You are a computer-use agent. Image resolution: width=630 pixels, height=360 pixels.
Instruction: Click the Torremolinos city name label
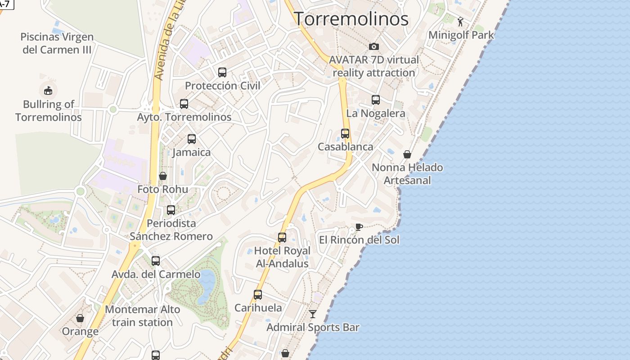(x=351, y=19)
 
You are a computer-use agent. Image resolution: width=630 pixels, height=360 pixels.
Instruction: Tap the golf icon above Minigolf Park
(x=460, y=22)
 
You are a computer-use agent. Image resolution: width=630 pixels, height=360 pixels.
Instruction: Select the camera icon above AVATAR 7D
(x=373, y=46)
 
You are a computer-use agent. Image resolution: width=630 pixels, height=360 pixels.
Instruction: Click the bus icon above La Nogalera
(x=376, y=100)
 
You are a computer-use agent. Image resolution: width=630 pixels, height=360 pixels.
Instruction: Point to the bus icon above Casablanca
(x=345, y=134)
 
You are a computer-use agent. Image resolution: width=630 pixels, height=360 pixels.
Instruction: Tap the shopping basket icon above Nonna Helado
(x=407, y=154)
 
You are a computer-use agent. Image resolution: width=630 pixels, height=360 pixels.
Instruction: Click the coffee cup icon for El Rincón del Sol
(x=359, y=226)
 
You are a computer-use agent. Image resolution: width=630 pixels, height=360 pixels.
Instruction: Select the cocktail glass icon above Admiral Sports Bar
(x=313, y=314)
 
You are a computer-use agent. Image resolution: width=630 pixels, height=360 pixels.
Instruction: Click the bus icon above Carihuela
(x=258, y=295)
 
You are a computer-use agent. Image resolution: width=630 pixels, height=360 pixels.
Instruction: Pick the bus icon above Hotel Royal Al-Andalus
(x=282, y=238)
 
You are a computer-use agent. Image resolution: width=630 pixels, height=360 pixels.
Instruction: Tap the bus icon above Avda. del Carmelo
(x=156, y=261)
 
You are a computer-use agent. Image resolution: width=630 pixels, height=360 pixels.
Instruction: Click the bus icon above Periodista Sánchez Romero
(x=171, y=210)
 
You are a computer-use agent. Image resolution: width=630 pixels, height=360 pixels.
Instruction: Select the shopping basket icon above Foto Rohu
(x=163, y=176)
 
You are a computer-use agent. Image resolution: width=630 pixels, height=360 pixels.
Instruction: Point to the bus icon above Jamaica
(x=192, y=139)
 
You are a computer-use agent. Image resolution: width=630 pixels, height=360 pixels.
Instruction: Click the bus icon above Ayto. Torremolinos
(x=184, y=104)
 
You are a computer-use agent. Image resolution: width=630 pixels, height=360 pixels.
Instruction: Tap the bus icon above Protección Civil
(x=222, y=72)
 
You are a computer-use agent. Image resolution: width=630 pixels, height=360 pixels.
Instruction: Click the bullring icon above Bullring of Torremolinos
(x=48, y=90)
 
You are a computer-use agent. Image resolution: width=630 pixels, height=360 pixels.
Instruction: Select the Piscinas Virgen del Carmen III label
(x=57, y=43)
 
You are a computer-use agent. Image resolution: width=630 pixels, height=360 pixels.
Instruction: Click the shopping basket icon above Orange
(x=80, y=318)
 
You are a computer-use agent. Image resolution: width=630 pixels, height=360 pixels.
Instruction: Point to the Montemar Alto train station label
(x=142, y=316)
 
